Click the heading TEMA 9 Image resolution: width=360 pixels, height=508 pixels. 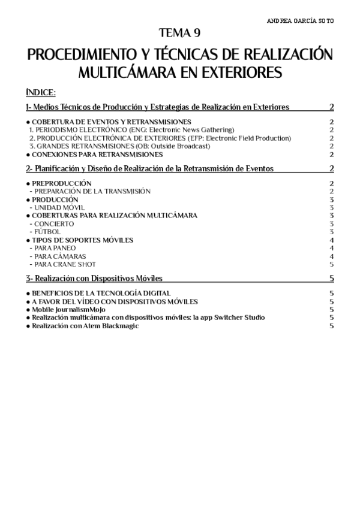coord(180,33)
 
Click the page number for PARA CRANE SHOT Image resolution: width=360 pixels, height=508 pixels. coord(332,264)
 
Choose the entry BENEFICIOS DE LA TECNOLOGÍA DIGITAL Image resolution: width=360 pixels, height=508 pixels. coord(100,293)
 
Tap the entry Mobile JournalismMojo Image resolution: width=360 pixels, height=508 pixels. coord(68,309)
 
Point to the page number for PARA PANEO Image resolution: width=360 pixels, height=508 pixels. coord(332,247)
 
